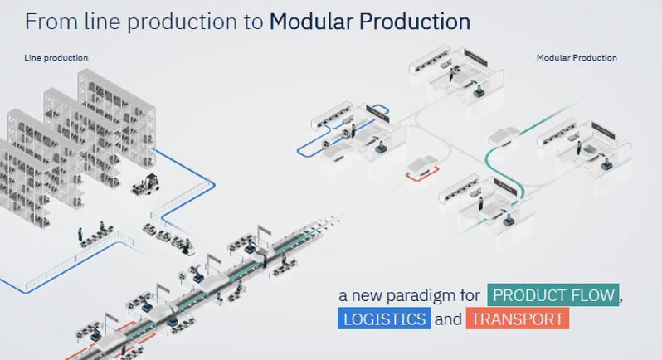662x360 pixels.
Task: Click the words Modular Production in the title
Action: point(369,22)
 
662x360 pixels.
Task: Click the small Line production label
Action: point(56,57)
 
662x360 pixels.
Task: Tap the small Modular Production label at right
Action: point(577,57)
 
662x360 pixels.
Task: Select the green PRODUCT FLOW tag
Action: point(553,295)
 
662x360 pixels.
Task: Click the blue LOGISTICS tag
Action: point(384,319)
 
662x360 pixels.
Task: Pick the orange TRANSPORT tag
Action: point(516,319)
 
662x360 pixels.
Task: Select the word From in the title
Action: point(43,22)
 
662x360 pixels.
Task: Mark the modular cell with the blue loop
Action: point(348,129)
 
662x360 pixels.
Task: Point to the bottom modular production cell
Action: point(485,195)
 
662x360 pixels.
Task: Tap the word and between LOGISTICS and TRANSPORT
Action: point(448,319)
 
